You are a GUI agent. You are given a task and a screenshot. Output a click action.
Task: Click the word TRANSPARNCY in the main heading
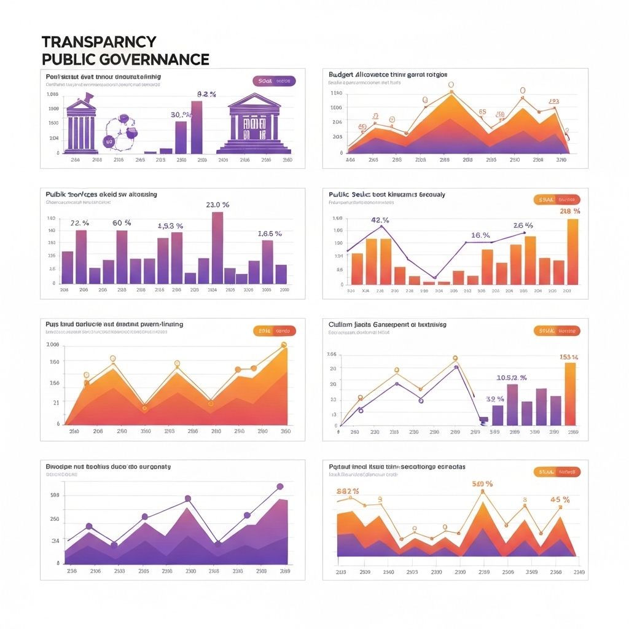point(99,42)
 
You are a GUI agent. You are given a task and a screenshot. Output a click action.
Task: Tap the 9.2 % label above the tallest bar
point(206,94)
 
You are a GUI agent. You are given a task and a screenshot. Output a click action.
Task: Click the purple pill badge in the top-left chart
point(274,80)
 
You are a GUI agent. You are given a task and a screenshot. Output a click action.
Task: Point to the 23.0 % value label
point(217,205)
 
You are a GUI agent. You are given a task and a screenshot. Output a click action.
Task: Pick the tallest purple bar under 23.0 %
point(217,248)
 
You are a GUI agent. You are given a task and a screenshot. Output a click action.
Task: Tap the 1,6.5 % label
point(269,233)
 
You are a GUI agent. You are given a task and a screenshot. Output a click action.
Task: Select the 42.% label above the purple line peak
point(381,220)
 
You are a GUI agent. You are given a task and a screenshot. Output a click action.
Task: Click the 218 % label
point(570,211)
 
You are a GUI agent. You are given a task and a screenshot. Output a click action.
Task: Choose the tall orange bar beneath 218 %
point(572,252)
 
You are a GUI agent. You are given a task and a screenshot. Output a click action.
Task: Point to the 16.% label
point(480,235)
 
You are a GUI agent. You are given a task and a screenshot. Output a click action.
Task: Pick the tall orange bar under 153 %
point(570,394)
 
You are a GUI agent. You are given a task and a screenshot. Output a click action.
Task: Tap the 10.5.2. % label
point(511,377)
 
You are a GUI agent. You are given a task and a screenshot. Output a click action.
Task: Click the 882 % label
point(348,491)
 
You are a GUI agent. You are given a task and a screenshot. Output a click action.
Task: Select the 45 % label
point(560,499)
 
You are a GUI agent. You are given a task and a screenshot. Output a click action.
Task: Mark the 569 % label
point(482,484)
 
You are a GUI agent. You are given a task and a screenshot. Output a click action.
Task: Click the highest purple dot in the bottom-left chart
point(280,486)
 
